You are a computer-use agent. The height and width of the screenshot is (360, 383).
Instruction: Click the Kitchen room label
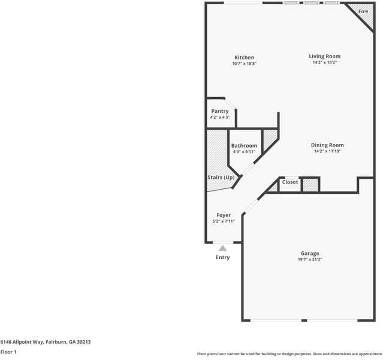[244, 58]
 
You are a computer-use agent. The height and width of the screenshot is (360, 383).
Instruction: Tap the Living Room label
[325, 56]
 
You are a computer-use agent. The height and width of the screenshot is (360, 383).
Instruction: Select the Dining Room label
[327, 145]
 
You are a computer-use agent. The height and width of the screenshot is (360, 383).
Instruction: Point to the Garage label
[310, 253]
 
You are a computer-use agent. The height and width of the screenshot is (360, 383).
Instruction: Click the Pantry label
[220, 111]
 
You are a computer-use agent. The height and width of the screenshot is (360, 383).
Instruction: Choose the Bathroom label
[244, 146]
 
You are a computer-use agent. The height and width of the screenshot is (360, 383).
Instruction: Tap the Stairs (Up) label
[221, 178]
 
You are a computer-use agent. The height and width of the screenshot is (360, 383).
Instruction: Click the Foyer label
[224, 215]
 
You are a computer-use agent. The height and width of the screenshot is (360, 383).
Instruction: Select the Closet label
[290, 182]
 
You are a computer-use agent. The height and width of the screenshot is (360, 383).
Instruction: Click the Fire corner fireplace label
[363, 12]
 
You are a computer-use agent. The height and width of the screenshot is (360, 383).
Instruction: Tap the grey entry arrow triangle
[223, 247]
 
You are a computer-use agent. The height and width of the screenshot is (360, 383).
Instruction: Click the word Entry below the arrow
[222, 257]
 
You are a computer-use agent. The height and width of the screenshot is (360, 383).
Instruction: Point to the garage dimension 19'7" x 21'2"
[310, 260]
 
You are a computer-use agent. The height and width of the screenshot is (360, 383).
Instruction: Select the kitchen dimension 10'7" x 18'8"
[244, 64]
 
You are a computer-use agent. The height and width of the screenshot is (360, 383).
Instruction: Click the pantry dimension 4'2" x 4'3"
[220, 117]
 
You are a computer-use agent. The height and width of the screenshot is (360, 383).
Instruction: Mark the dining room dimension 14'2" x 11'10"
[327, 151]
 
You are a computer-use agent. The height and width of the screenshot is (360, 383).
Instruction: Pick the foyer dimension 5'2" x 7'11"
[224, 221]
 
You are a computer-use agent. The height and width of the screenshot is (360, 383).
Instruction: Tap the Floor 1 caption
[8, 352]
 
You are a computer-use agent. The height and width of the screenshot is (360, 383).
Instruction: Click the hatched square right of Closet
[310, 185]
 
